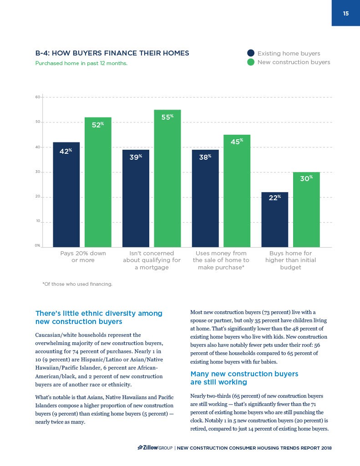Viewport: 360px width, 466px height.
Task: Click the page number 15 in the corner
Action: coord(346,13)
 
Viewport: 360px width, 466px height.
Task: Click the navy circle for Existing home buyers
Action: coord(251,53)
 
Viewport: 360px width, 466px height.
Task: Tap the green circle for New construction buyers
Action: coord(251,62)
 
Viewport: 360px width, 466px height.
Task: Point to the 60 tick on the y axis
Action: coord(38,97)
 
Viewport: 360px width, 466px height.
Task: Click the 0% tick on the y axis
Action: coord(38,246)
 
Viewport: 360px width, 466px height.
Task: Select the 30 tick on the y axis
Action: coord(38,172)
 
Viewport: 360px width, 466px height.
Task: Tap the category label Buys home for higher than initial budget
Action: coord(290,260)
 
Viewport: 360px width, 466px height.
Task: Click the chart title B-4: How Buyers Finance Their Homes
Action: coord(112,53)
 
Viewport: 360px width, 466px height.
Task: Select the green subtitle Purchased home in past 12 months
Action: coord(81,63)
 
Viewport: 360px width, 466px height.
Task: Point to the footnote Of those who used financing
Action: coord(77,284)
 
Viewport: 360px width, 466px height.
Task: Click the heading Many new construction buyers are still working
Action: coord(244,378)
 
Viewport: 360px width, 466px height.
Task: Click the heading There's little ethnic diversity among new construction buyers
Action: coord(99,317)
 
